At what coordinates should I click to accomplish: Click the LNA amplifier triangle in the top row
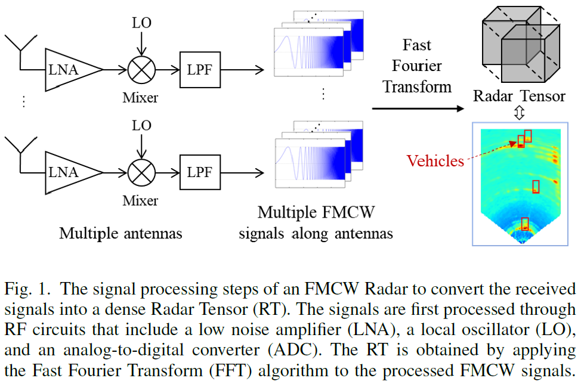coord(69,70)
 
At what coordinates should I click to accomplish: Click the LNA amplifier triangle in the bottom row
coord(69,172)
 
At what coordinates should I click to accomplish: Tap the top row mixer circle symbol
coord(141,70)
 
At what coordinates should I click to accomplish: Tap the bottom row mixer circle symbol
coord(141,172)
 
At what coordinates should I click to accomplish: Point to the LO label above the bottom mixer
coord(141,126)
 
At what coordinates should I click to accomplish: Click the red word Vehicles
coord(435,160)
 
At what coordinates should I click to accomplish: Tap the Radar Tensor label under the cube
coord(519,96)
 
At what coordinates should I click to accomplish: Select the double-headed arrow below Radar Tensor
coord(519,112)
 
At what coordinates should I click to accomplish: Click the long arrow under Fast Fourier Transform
coord(418,109)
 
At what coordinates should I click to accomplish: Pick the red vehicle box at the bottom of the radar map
coord(525,224)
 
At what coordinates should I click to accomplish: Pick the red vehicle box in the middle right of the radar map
coord(536,187)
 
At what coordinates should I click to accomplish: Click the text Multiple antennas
coord(120,233)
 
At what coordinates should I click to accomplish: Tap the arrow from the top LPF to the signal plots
coord(242,70)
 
